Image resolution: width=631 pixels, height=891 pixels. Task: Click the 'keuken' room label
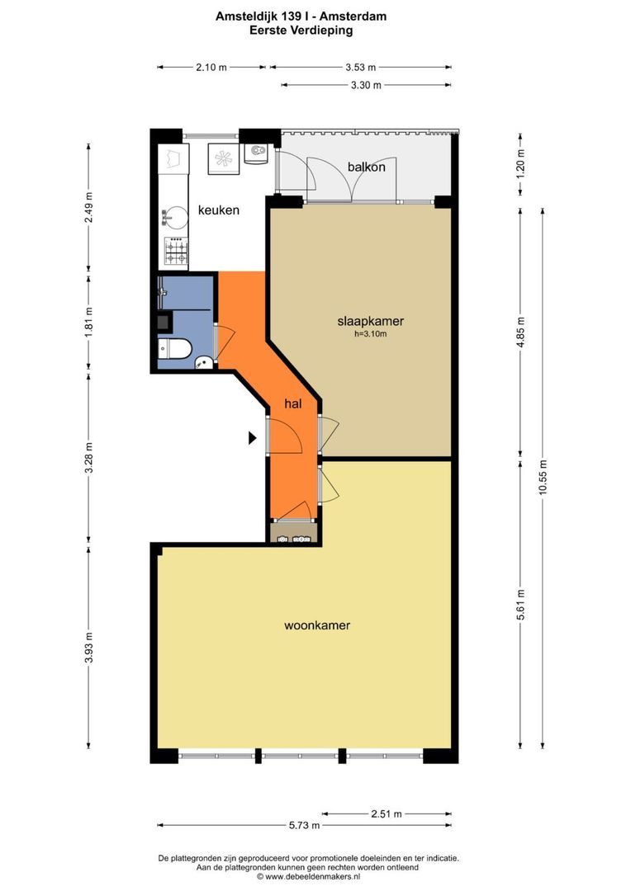(x=219, y=210)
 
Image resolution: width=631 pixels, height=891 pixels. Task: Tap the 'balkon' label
(x=367, y=167)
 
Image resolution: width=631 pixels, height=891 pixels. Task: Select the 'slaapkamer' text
(x=370, y=321)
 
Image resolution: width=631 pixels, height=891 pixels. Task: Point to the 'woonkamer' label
(x=317, y=625)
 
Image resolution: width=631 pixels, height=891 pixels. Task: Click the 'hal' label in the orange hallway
(x=292, y=404)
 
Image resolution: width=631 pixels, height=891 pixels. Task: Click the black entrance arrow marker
(x=253, y=437)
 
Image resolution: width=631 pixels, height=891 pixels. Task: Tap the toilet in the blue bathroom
(x=174, y=349)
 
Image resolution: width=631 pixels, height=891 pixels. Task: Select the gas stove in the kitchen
(x=176, y=251)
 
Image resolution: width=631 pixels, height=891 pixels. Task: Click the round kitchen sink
(x=174, y=217)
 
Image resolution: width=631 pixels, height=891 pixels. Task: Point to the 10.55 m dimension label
(x=543, y=478)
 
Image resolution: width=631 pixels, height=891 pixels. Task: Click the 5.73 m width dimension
(x=305, y=825)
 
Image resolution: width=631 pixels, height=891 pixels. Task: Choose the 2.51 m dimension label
(x=387, y=813)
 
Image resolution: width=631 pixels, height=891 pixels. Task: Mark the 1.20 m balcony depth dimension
(x=520, y=164)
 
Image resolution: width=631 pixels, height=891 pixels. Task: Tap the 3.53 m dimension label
(x=361, y=67)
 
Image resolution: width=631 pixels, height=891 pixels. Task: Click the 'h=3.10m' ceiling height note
(x=370, y=334)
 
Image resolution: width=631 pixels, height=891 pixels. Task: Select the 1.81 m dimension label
(x=88, y=323)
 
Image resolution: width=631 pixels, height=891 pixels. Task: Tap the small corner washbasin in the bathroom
(x=203, y=362)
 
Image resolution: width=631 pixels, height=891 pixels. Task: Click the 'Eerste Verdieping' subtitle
(x=301, y=31)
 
